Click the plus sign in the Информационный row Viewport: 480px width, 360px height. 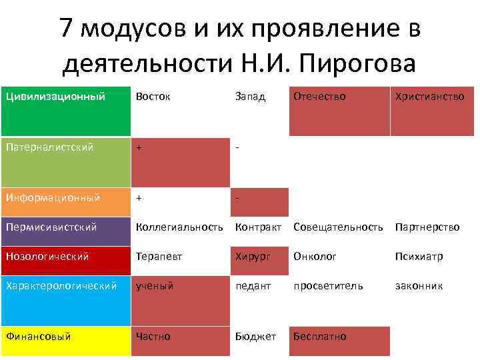139,198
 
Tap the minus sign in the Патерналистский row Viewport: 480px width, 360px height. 237,147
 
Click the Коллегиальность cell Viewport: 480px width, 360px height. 179,227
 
